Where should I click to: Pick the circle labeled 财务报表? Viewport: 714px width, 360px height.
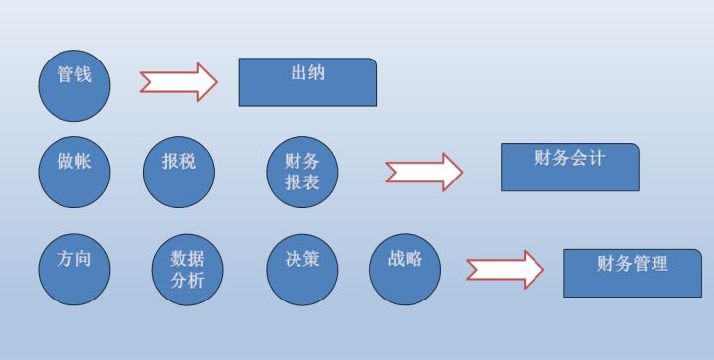tap(302, 172)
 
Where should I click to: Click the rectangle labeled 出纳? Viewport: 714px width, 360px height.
tap(307, 81)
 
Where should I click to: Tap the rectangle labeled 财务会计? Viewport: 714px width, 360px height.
tap(569, 167)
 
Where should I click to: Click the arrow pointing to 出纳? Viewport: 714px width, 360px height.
tap(178, 82)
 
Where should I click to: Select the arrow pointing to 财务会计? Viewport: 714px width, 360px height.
tap(423, 172)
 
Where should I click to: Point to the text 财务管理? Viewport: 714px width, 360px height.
tap(633, 264)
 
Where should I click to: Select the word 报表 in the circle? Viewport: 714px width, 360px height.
tap(301, 182)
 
